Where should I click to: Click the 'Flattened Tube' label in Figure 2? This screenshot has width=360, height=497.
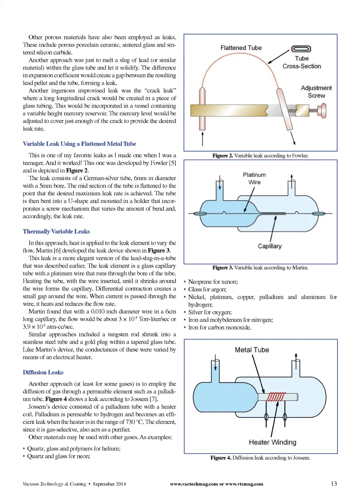[241, 48]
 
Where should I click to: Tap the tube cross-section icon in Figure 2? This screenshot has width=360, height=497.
[301, 49]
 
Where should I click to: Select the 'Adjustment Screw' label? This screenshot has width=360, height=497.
[316, 91]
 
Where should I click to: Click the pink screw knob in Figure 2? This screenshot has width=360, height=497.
[323, 110]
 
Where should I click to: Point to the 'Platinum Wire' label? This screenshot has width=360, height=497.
[254, 178]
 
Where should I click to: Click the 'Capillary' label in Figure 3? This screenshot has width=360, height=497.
[270, 246]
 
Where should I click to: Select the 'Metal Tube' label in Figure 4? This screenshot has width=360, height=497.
[252, 350]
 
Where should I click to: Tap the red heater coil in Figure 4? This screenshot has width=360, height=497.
[276, 397]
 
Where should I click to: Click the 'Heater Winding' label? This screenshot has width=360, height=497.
[272, 442]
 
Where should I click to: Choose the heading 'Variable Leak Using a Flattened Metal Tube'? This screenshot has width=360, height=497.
[79, 144]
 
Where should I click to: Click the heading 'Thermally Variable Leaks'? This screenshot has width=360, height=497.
[56, 231]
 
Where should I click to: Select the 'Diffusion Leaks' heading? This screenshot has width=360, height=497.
[43, 372]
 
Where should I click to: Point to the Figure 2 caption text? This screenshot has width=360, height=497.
[260, 155]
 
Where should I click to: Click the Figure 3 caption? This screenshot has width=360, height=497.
[260, 268]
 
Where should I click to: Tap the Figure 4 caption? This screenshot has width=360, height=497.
[260, 458]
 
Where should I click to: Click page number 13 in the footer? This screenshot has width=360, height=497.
[334, 484]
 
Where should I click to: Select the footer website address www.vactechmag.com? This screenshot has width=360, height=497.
[194, 484]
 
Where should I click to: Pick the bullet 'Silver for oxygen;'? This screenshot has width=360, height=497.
[210, 312]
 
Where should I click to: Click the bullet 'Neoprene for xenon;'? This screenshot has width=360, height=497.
[213, 282]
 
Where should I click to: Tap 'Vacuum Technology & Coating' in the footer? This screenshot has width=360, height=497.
[54, 484]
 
